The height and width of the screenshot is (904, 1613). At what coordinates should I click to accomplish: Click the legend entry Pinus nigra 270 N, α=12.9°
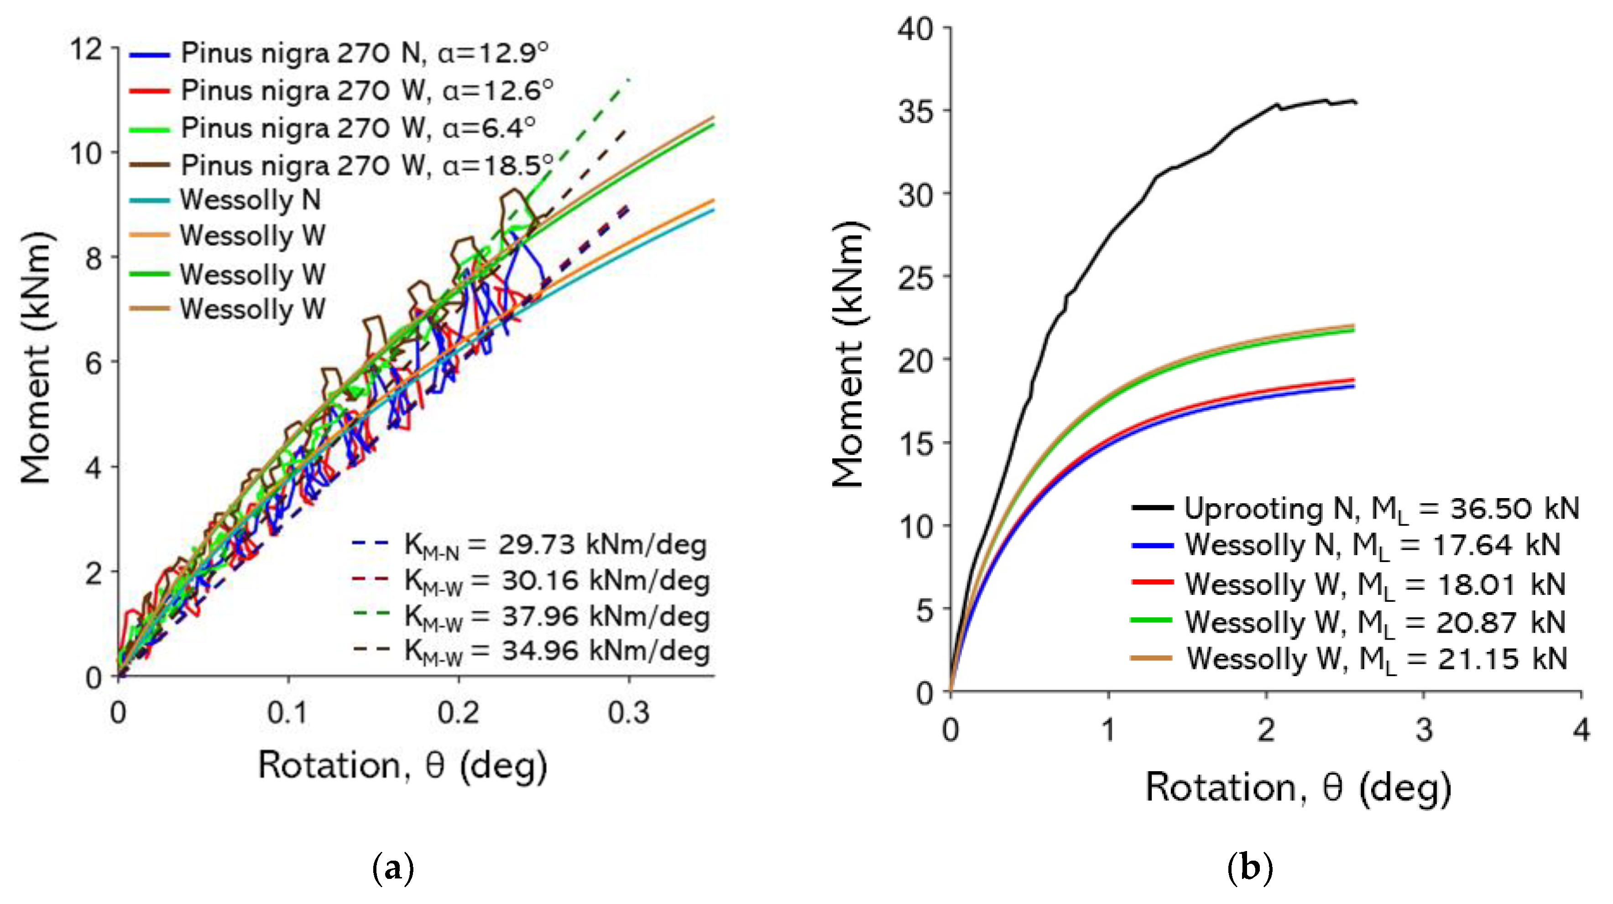coord(363,53)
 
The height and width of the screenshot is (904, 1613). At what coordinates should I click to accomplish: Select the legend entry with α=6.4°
coord(357,128)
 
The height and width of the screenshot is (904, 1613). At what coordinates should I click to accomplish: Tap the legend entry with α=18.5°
coord(366,165)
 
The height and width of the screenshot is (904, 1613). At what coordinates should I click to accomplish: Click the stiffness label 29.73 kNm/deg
coord(554,545)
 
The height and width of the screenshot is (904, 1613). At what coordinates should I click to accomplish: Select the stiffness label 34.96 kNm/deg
coord(556,651)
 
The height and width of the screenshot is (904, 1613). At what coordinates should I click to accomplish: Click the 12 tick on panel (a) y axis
coord(86,49)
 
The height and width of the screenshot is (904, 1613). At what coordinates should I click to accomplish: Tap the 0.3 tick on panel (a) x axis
coord(629,713)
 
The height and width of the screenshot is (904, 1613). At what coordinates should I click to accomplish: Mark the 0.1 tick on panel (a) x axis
coord(288,713)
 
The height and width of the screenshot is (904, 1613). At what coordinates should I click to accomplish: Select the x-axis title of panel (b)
coord(1297,788)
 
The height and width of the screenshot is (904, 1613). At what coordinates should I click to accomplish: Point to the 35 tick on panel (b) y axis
coord(915,111)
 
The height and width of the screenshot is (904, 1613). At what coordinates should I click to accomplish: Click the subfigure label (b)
coord(1250,868)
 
